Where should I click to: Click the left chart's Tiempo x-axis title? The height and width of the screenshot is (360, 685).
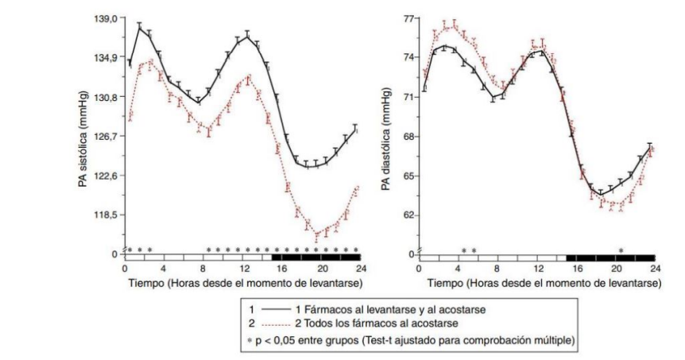(x=243, y=282)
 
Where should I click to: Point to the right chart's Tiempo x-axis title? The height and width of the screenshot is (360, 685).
(x=538, y=282)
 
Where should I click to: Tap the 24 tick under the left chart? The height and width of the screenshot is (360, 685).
(x=360, y=269)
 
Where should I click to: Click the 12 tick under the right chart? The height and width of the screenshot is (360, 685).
(x=538, y=269)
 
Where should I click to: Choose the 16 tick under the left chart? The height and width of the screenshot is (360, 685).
(x=282, y=269)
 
